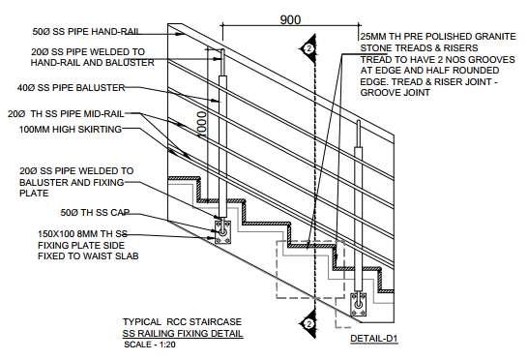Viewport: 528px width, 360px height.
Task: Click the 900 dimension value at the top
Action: tap(290, 20)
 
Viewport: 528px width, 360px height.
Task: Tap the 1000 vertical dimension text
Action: tap(202, 126)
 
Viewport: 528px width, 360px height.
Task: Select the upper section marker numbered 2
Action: tap(308, 49)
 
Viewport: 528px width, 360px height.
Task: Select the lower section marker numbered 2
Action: tap(308, 324)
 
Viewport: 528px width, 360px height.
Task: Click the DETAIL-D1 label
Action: tap(374, 339)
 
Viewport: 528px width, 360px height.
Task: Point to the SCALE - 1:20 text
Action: tap(150, 345)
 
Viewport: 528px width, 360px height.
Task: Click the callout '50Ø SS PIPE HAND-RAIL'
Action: tap(86, 32)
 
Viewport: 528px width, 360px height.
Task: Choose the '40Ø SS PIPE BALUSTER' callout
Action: tap(71, 88)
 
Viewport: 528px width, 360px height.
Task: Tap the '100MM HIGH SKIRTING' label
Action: tap(71, 129)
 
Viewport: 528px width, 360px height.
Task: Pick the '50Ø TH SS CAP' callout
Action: tap(95, 213)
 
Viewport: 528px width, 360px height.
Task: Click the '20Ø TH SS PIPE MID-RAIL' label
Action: tap(66, 114)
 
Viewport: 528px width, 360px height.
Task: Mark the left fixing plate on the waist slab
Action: tap(223, 232)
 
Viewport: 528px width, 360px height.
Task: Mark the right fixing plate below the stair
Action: tap(358, 304)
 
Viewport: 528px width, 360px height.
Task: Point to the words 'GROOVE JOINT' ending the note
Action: tap(395, 93)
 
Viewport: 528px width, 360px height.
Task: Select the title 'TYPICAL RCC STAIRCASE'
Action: tap(182, 322)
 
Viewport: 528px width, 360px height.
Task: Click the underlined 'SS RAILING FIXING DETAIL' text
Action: tap(183, 334)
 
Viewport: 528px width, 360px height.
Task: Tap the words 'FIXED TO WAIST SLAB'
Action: tap(88, 256)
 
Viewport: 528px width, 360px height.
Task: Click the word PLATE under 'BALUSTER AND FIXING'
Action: tap(34, 194)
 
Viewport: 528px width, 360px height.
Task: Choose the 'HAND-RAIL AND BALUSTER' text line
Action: tap(92, 63)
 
